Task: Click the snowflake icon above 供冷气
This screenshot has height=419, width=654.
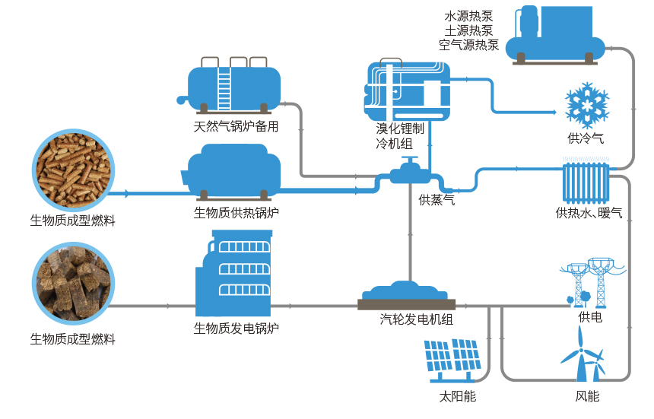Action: [x=586, y=105]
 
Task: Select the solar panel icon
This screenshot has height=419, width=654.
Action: [x=456, y=359]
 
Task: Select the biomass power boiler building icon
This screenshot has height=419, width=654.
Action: [x=234, y=275]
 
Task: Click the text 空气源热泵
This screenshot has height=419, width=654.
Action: [x=468, y=45]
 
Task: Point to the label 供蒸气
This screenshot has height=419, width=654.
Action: [x=437, y=201]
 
